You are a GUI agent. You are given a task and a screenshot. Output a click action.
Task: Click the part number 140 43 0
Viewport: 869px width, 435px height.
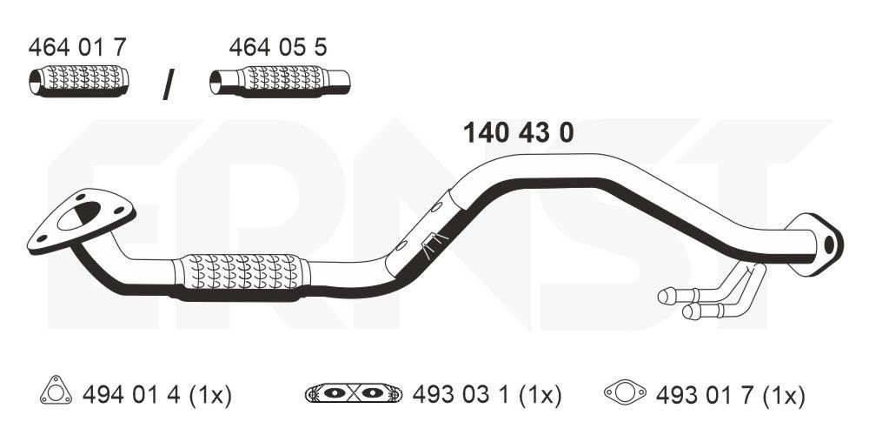pos(519,133)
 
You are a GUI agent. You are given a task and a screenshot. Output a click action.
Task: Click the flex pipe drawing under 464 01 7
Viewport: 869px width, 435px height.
pos(76,81)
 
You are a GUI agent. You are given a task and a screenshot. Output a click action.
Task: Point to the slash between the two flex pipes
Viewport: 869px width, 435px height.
pos(169,84)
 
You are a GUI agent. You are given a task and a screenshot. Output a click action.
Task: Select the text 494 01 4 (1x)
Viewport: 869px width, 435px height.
pos(157,396)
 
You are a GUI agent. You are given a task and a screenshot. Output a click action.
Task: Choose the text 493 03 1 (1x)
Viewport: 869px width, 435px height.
pos(487,396)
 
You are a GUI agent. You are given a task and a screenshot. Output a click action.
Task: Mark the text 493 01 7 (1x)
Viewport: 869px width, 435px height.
pos(729,396)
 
